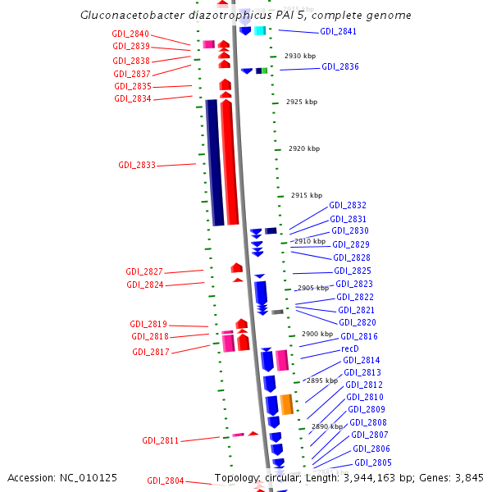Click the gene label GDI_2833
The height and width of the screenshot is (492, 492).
pos(137,165)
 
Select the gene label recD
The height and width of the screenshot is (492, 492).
pos(350,348)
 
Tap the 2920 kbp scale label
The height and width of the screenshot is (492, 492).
pos(304,148)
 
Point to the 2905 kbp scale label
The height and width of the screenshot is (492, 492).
pos(313,288)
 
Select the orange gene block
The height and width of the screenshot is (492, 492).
pos(286,404)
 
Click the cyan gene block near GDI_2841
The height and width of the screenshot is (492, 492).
pos(260,31)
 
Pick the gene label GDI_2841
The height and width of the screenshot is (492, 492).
pos(339,31)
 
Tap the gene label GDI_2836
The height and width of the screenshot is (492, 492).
pos(339,66)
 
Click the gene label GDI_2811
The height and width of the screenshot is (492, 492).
pos(161,440)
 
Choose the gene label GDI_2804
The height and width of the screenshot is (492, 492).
pos(166,481)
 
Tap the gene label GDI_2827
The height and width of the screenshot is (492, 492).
pos(144,271)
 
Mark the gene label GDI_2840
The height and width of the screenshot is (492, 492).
pos(130,34)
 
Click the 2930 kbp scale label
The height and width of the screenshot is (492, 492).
pos(300,56)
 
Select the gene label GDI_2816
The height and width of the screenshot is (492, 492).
pos(359,336)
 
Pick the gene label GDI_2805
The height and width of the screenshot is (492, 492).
pos(372,462)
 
